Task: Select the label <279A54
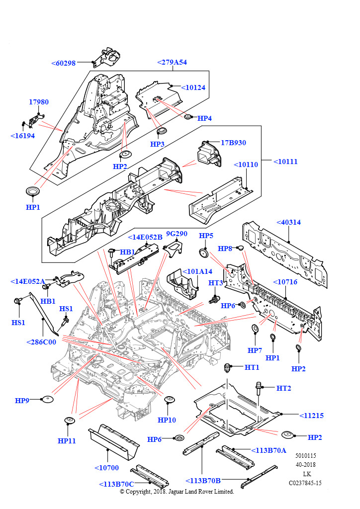(x=172, y=62)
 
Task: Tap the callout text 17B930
(x=233, y=143)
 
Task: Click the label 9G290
(x=176, y=233)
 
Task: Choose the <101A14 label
(x=197, y=271)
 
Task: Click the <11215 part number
(x=311, y=415)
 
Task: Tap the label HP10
(x=167, y=420)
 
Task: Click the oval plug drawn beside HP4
(x=188, y=116)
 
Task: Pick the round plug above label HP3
(x=160, y=132)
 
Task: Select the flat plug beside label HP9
(x=47, y=399)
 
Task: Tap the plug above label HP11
(x=69, y=422)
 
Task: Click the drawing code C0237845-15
(x=305, y=483)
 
